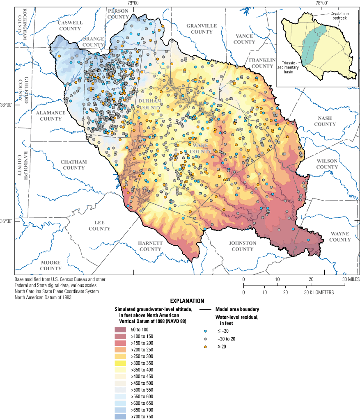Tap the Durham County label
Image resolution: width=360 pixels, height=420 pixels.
click(x=150, y=104)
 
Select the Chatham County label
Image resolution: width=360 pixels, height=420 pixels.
click(x=73, y=165)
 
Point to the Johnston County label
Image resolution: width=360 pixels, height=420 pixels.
click(x=242, y=246)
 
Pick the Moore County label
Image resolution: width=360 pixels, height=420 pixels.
click(x=50, y=265)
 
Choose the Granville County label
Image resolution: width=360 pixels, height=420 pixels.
click(x=201, y=29)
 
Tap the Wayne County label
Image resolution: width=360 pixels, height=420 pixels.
click(x=339, y=237)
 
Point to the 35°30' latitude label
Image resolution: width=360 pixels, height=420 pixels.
click(x=7, y=221)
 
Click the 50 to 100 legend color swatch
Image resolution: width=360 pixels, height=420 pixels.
click(x=122, y=330)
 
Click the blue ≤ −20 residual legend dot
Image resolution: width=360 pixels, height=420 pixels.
click(x=205, y=331)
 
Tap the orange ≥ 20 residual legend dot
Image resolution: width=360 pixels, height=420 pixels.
click(x=205, y=347)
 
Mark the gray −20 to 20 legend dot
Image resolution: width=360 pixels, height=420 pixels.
click(x=205, y=339)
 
